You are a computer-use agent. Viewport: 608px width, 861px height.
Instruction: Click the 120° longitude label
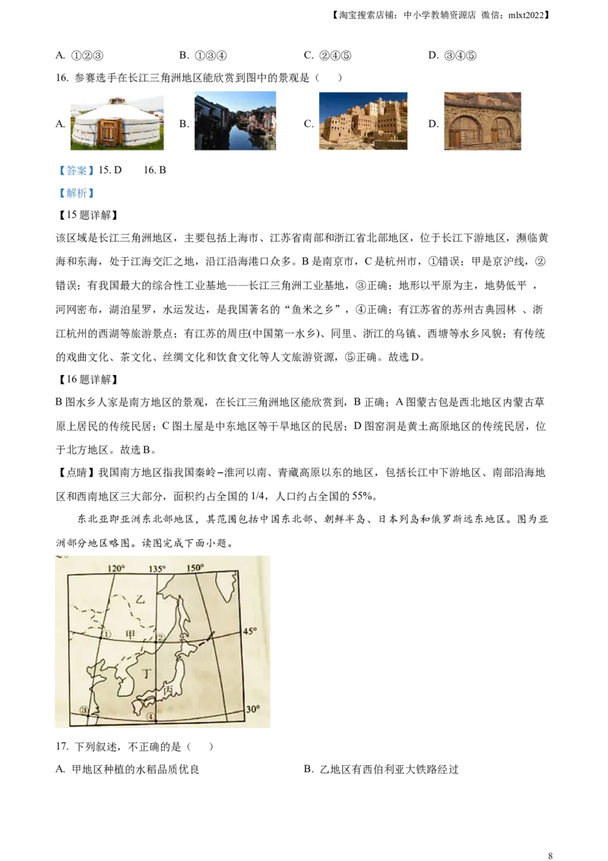pyautogui.click(x=116, y=567)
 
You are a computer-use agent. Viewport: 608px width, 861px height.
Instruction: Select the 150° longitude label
pyautogui.click(x=196, y=567)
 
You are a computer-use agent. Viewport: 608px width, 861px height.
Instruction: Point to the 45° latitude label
pyautogui.click(x=250, y=631)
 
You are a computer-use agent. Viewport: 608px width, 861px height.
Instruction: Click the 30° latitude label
pyautogui.click(x=253, y=709)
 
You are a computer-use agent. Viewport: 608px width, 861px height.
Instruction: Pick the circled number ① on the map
pyautogui.click(x=106, y=634)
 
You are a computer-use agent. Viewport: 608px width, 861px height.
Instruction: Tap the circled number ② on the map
pyautogui.click(x=160, y=637)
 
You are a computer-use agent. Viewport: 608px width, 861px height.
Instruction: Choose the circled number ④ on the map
pyautogui.click(x=150, y=716)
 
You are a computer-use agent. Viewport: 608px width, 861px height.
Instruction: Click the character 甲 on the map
pyautogui.click(x=130, y=634)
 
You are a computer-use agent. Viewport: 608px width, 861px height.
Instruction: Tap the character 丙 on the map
pyautogui.click(x=168, y=689)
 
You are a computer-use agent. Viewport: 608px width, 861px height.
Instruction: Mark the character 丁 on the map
pyautogui.click(x=147, y=672)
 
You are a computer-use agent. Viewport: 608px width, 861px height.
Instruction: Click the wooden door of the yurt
pyautogui.click(x=109, y=132)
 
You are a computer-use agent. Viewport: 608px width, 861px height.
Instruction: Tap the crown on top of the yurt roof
pyautogui.click(x=116, y=100)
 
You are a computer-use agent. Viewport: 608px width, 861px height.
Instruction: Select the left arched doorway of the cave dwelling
pyautogui.click(x=464, y=131)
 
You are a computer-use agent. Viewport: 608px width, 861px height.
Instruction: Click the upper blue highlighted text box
pyautogui.click(x=76, y=170)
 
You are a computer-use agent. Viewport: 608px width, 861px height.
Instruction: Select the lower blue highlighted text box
pyautogui.click(x=76, y=193)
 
